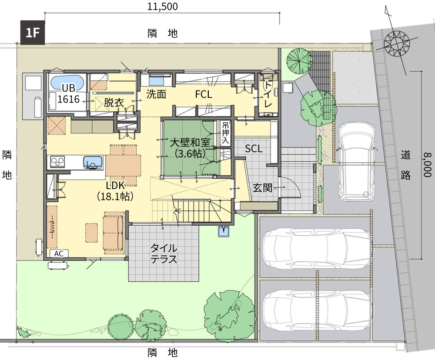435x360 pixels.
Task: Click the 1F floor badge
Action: tap(33, 33)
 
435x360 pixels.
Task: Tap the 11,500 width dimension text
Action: tap(162, 7)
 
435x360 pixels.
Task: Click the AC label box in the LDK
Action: tap(59, 253)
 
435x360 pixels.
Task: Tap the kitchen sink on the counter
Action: tap(93, 163)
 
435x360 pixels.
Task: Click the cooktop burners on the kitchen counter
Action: tap(57, 162)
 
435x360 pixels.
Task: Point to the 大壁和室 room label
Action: tap(190, 143)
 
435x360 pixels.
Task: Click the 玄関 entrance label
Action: tap(262, 188)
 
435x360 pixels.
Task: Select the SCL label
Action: tap(254, 149)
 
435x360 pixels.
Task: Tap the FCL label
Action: tap(204, 94)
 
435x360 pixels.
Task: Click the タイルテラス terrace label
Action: tap(164, 253)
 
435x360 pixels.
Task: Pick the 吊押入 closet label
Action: tap(225, 133)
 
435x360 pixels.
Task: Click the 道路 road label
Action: tap(405, 165)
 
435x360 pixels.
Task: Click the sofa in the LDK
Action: tap(114, 233)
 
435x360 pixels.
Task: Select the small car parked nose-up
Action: tap(357, 161)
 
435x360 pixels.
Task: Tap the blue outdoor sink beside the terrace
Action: tap(224, 231)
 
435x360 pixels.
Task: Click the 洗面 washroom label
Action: tap(156, 94)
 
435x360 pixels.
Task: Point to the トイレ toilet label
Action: tap(268, 94)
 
